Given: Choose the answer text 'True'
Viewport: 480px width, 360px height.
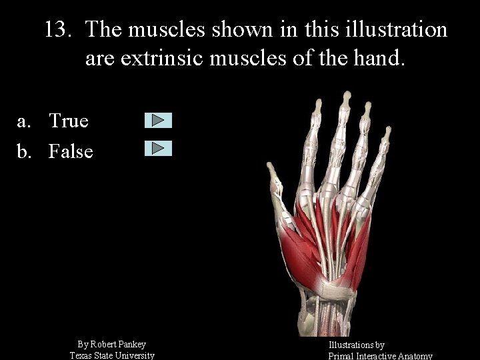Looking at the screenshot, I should tap(69, 121).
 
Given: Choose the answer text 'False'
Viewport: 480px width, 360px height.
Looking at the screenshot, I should tap(71, 151).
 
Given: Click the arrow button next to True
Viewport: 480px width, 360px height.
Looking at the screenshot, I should tap(158, 120).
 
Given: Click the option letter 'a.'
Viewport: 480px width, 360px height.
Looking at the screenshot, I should tap(25, 121).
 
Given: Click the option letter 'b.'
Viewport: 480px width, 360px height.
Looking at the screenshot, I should tap(25, 151).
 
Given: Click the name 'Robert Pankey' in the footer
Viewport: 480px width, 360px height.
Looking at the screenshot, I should tap(119, 344).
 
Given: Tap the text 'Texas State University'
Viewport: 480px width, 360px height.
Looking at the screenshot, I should tap(112, 355).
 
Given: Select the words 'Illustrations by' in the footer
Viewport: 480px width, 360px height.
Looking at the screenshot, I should tap(357, 345).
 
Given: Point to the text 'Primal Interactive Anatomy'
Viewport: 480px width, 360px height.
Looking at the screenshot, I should tap(381, 356).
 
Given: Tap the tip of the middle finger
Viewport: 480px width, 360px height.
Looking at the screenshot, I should tap(346, 96).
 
